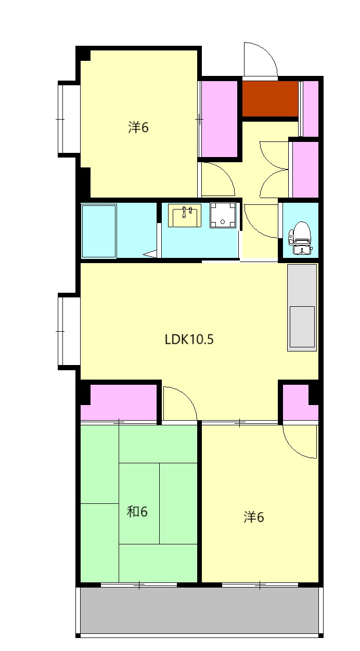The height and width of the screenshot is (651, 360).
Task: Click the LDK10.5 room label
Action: [x=189, y=339]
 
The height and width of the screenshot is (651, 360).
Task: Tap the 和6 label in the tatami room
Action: [x=137, y=512]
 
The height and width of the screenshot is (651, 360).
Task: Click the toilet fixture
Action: [x=300, y=238]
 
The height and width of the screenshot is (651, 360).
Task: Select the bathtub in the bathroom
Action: [x=99, y=231]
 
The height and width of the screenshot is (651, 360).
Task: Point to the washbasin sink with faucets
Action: [x=184, y=215]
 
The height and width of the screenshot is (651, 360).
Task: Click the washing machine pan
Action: [x=223, y=215]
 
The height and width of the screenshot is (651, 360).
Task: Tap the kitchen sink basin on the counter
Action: [x=302, y=327]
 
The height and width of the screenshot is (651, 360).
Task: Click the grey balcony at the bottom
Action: [x=199, y=610]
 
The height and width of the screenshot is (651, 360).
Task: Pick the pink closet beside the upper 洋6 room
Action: [x=219, y=119]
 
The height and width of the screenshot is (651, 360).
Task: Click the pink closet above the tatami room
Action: [x=119, y=402]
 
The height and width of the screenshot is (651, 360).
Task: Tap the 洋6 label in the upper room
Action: [x=138, y=127]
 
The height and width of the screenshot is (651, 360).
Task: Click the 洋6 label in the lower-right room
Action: [x=254, y=517]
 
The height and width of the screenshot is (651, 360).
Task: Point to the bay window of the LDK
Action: [x=69, y=331]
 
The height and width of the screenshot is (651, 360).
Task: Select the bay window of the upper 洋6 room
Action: [x=69, y=119]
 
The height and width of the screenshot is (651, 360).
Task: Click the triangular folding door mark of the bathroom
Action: [x=152, y=254]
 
